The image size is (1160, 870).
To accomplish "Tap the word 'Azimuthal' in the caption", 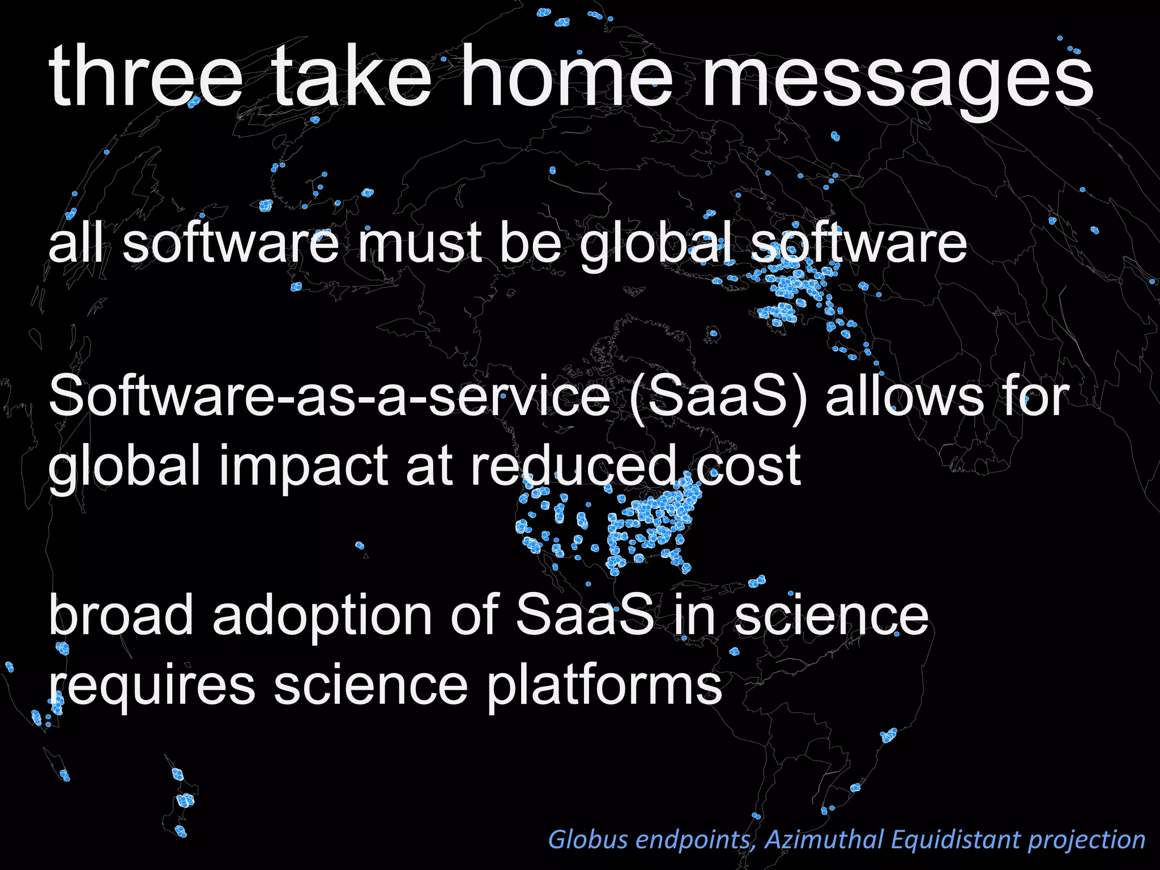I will click(x=824, y=839).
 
